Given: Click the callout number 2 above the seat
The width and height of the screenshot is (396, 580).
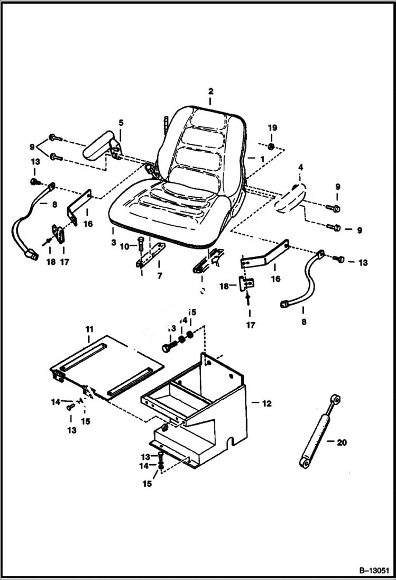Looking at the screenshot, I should [210, 90].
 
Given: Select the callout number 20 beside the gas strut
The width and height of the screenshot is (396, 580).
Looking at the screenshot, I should [342, 443].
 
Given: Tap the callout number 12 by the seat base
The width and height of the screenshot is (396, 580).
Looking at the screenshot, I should [266, 403].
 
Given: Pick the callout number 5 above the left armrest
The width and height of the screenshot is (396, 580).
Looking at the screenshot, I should [121, 123].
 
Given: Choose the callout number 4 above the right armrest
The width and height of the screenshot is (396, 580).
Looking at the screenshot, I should [300, 168].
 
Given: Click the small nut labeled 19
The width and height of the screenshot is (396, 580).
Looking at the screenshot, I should [270, 146].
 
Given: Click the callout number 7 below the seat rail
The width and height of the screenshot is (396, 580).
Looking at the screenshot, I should [159, 276].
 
